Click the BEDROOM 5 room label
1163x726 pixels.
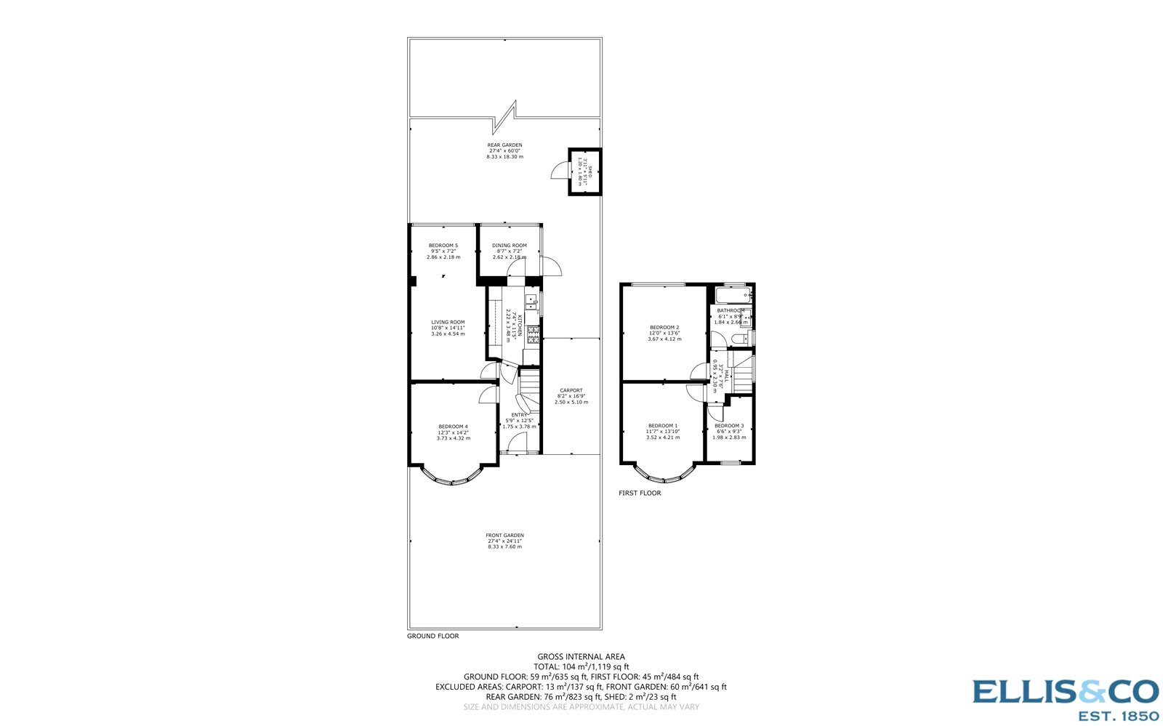(443, 246)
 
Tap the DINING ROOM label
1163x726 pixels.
(509, 246)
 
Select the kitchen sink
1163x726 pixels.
(532, 299)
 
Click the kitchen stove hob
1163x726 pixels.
(533, 334)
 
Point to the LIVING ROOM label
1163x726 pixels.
(448, 323)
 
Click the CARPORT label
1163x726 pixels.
(571, 391)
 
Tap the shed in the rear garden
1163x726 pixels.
(584, 172)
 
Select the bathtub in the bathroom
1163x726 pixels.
(732, 295)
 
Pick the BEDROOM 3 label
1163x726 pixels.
(728, 426)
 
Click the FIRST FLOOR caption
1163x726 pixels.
(640, 493)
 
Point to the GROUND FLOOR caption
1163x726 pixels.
(432, 636)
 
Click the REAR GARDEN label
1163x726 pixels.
(504, 145)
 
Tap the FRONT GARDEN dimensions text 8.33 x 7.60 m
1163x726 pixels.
(504, 547)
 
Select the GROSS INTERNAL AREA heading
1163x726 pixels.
(581, 657)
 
